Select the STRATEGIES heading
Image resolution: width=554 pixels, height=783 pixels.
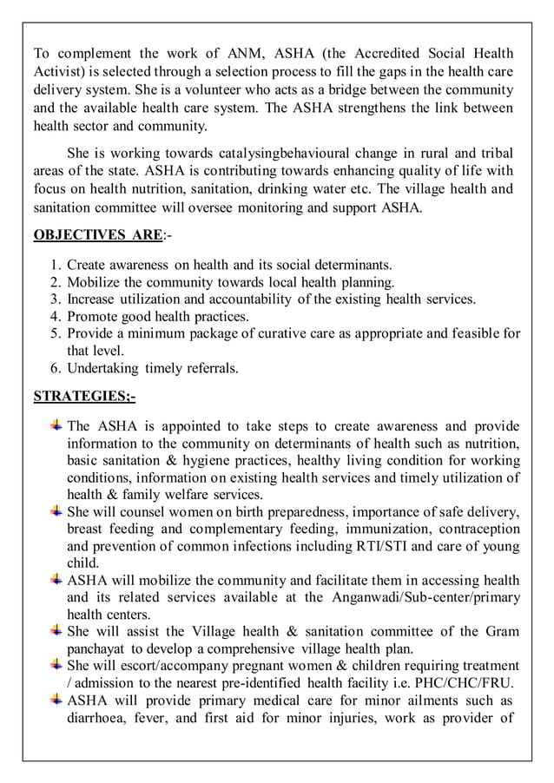[x=83, y=396]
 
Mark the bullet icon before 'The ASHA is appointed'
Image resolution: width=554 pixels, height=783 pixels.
[x=56, y=425]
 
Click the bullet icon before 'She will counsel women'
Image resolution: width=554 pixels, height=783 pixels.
[x=56, y=510]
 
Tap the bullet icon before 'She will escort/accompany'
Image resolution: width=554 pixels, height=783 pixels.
[x=56, y=665]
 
